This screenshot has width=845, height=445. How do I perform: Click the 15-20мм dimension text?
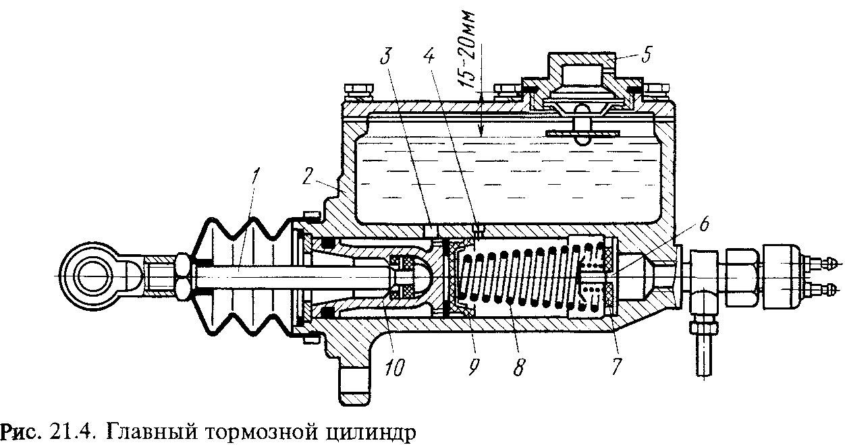pos(470,47)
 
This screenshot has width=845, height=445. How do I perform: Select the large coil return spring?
pos(516,277)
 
